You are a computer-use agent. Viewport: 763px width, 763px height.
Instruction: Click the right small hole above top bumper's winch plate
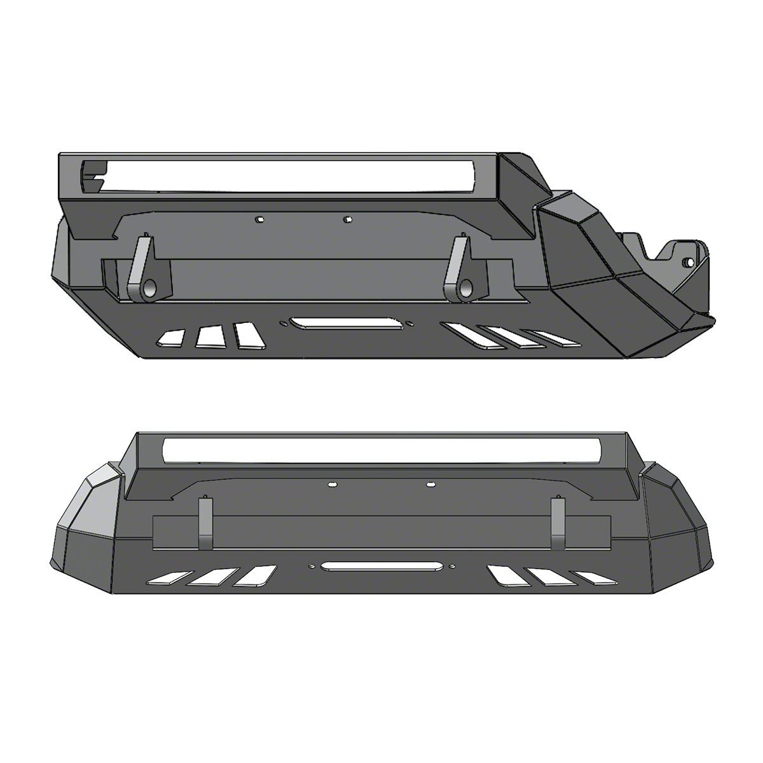click(x=347, y=220)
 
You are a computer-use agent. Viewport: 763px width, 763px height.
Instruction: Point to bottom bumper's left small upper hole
click(x=332, y=485)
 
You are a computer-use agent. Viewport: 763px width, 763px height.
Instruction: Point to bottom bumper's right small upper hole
click(x=430, y=485)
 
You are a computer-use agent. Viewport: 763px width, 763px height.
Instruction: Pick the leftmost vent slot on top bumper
click(x=170, y=338)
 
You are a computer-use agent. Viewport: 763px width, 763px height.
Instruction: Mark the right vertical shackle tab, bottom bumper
click(x=558, y=523)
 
